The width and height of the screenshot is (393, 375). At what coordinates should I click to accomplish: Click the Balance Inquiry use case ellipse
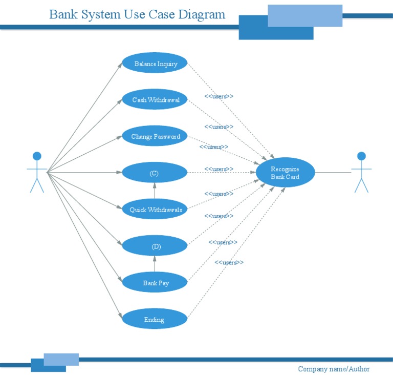(155, 64)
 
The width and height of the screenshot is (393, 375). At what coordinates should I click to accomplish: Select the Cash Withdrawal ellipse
(155, 100)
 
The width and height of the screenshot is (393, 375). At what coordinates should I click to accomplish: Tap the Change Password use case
(155, 136)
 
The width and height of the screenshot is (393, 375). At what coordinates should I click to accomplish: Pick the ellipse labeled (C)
(155, 173)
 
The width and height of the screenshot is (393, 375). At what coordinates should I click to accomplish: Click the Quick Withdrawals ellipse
(155, 210)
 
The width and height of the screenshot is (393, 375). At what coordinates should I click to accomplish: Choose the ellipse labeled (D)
(155, 246)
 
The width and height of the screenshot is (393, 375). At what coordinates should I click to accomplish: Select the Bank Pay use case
(155, 283)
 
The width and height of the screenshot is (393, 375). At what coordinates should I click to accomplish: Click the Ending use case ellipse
(155, 320)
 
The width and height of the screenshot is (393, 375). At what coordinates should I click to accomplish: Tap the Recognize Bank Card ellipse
(285, 173)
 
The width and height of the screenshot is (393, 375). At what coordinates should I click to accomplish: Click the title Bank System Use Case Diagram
(137, 14)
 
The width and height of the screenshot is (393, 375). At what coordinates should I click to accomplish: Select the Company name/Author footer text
(334, 369)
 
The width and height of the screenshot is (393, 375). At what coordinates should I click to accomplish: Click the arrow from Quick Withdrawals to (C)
(155, 191)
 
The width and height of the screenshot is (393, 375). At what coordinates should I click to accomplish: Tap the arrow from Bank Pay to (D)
(155, 264)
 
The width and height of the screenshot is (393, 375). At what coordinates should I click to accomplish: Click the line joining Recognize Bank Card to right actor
(333, 173)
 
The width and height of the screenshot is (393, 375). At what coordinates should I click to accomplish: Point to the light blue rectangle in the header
(305, 15)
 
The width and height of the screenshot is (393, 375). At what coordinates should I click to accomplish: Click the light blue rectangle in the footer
(61, 359)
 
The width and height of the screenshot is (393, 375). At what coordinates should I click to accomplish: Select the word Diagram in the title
(202, 14)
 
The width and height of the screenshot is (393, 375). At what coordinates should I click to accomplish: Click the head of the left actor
(37, 156)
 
